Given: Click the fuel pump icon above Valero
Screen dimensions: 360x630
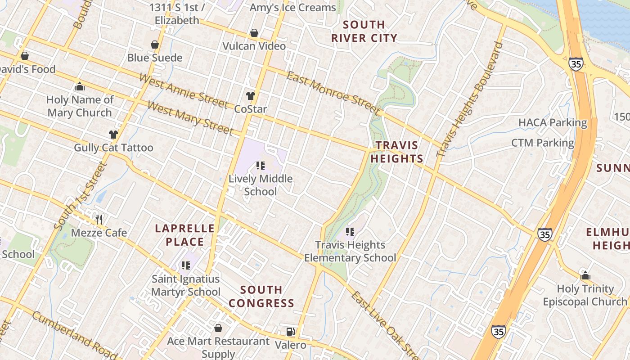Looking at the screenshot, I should pyautogui.click(x=291, y=332).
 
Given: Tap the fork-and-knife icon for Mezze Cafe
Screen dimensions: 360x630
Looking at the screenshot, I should pyautogui.click(x=99, y=220).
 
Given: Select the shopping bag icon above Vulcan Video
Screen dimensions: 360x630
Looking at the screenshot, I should pyautogui.click(x=254, y=33).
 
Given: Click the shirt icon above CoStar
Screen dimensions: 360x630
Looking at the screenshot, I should pyautogui.click(x=251, y=96).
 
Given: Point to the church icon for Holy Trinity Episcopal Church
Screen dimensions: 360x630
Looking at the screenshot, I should pyautogui.click(x=585, y=275).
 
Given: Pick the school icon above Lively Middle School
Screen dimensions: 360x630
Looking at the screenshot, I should pyautogui.click(x=261, y=166).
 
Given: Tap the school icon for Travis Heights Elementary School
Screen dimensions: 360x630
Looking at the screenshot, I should pyautogui.click(x=350, y=232).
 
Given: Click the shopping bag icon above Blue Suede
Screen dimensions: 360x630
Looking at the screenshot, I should pyautogui.click(x=155, y=45).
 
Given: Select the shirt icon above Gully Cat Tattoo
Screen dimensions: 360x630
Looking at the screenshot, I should pyautogui.click(x=113, y=134).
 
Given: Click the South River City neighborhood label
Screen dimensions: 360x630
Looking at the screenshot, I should pyautogui.click(x=364, y=31).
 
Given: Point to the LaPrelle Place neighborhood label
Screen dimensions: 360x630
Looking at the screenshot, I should pyautogui.click(x=184, y=235).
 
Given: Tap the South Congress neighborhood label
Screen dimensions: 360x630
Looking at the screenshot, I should pyautogui.click(x=261, y=296).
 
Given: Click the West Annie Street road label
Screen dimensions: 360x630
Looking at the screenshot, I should pyautogui.click(x=183, y=91).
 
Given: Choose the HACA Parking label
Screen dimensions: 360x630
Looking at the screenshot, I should pyautogui.click(x=553, y=122).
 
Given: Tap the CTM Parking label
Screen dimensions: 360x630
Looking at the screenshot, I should pyautogui.click(x=542, y=143).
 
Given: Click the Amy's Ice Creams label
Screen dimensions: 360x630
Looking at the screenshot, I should pyautogui.click(x=292, y=8).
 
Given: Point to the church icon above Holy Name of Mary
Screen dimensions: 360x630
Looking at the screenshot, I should pyautogui.click(x=80, y=86).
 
